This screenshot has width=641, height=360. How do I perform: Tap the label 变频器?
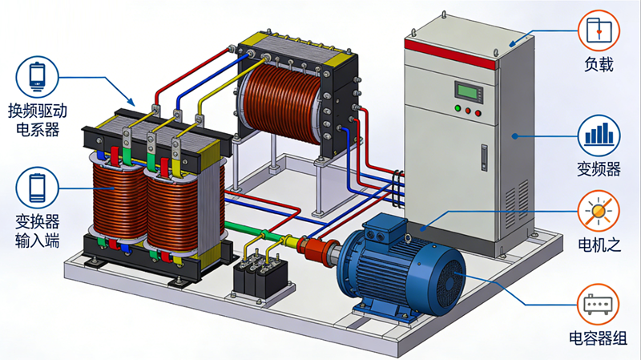[x=599, y=169]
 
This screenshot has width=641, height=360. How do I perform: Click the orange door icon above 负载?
[x=599, y=29]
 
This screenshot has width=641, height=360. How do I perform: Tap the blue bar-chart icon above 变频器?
[x=599, y=133]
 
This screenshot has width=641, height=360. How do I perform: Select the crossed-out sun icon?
[x=599, y=211]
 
